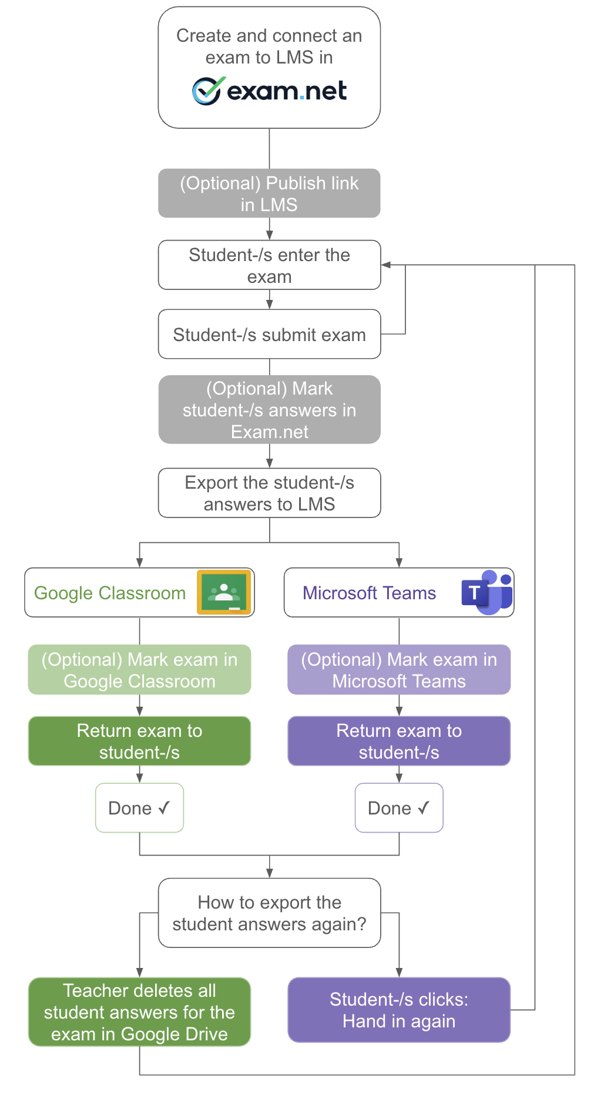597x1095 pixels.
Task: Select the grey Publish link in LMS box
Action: click(269, 193)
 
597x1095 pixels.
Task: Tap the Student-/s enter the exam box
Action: click(269, 265)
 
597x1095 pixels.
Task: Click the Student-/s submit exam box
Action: click(269, 335)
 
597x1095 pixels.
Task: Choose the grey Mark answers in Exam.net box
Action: click(269, 410)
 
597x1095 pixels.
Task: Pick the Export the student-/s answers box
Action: click(269, 493)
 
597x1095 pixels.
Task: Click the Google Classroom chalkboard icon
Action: click(224, 592)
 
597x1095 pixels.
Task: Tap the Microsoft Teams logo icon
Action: click(487, 592)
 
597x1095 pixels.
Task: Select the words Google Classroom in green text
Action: click(110, 593)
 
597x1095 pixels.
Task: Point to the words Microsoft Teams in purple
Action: click(369, 593)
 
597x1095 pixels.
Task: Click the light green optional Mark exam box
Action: click(139, 670)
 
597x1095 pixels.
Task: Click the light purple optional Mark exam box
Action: click(399, 670)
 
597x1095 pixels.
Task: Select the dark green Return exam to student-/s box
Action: click(139, 742)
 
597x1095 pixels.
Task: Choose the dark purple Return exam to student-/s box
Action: click(399, 742)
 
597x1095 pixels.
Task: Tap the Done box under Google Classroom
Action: click(139, 808)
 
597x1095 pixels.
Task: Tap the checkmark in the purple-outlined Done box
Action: click(424, 808)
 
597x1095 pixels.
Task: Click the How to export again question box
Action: click(269, 913)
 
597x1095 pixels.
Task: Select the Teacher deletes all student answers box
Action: click(139, 1012)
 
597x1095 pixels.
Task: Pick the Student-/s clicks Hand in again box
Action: click(399, 1010)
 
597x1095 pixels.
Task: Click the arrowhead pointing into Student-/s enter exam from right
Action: click(386, 265)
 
